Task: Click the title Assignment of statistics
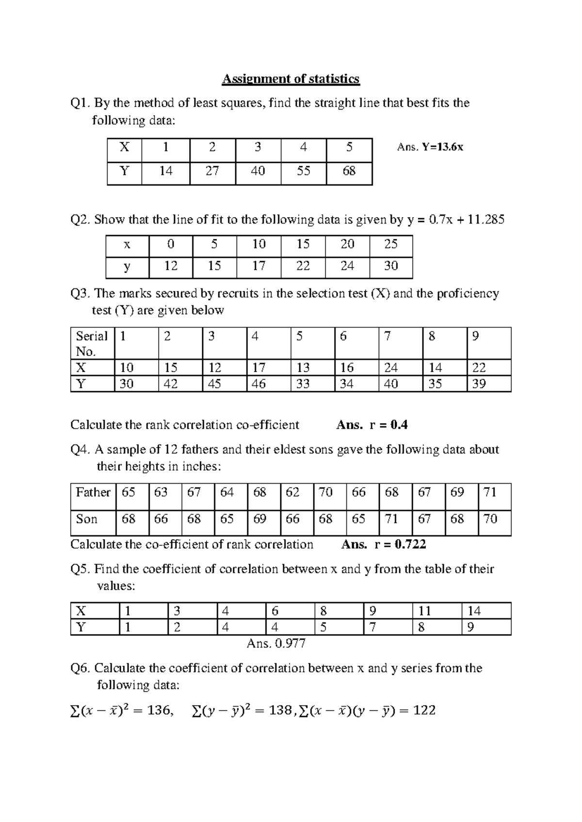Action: (x=291, y=79)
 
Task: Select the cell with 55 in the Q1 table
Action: (x=303, y=171)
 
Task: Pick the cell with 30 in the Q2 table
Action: (x=391, y=266)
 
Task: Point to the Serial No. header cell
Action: (x=92, y=343)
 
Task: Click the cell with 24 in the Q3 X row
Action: (x=391, y=368)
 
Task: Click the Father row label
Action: (x=93, y=492)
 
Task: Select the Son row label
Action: (x=87, y=519)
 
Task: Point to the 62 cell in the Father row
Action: (x=292, y=492)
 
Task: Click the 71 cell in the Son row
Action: (x=391, y=519)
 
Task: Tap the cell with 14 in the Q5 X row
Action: (x=474, y=611)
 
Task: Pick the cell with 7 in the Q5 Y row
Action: (x=372, y=628)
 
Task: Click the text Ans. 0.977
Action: (x=276, y=644)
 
